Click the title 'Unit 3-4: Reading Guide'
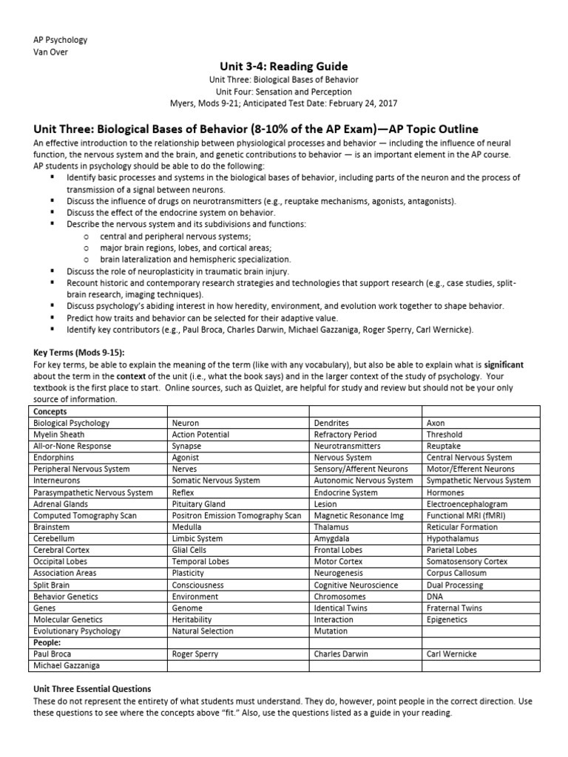coord(284,67)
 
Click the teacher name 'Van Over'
coord(52,50)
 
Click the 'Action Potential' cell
coord(200,435)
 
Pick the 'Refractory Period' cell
coord(345,435)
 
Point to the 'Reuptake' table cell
coord(444,447)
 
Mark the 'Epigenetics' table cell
coord(447,619)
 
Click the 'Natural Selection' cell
coord(202,631)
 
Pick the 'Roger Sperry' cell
coord(196,654)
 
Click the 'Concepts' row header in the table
coord(50,412)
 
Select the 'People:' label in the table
coord(47,642)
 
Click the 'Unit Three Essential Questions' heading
coord(92,689)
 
